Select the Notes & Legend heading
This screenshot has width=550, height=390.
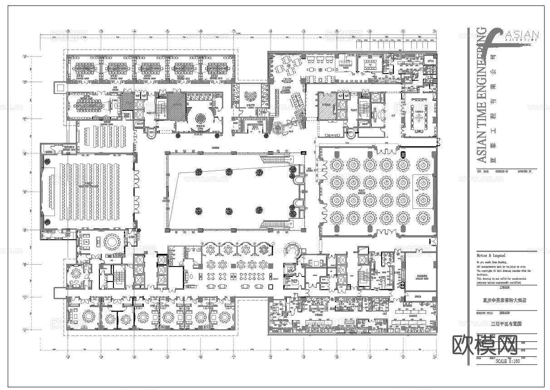click(x=491, y=256)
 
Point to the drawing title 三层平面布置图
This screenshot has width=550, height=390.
click(x=506, y=324)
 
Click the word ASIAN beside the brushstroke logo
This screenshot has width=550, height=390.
click(x=521, y=35)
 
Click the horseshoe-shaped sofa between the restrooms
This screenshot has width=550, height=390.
click(x=249, y=96)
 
